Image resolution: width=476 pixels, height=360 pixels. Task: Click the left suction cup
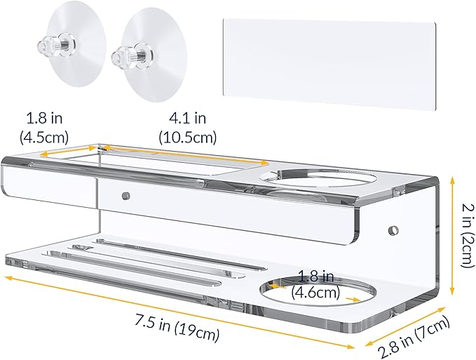[75, 45]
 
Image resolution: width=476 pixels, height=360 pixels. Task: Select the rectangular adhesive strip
[329, 65]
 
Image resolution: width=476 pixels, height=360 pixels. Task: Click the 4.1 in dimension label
[188, 119]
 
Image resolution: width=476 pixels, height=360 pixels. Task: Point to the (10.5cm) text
[188, 138]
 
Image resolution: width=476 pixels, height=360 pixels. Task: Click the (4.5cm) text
[44, 138]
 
